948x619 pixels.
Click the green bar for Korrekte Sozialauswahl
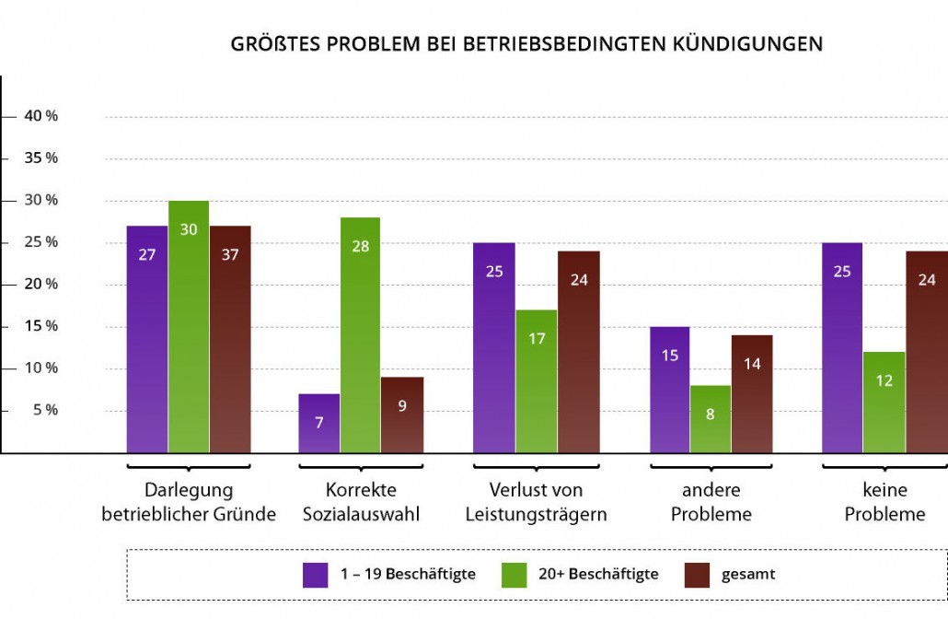point(360,335)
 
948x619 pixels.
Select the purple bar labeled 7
point(319,423)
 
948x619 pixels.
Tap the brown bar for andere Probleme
point(752,394)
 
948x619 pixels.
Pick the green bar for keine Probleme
point(884,403)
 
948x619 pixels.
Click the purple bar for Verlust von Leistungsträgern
point(494,348)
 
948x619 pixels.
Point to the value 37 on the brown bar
point(230,255)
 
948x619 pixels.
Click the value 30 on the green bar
point(189,229)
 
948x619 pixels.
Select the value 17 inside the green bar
point(537,338)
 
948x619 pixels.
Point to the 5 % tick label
point(45,410)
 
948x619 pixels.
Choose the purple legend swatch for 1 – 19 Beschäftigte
point(316,574)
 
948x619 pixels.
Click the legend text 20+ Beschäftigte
point(603,574)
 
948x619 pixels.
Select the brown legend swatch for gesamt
point(697,574)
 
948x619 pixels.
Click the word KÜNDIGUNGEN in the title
point(748,44)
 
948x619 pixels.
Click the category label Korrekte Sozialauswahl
point(361,502)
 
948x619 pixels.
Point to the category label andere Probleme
point(711,502)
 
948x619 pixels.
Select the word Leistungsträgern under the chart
point(537,514)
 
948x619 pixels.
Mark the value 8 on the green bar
point(711,414)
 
